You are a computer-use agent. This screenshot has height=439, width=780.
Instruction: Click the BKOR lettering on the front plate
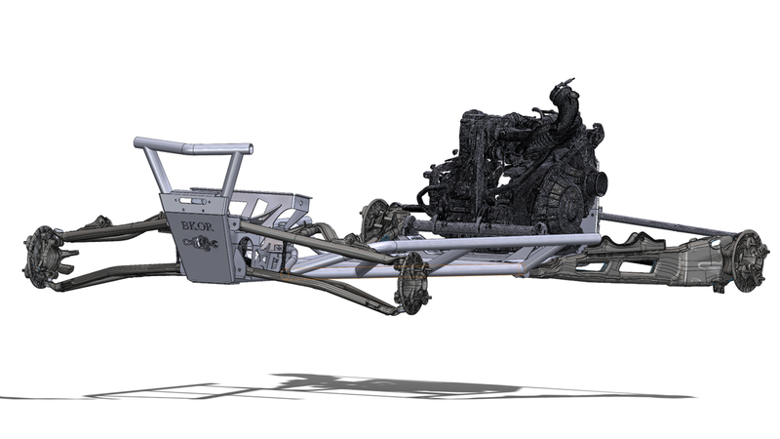tap(198, 226)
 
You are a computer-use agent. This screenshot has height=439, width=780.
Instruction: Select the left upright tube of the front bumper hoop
tap(155, 170)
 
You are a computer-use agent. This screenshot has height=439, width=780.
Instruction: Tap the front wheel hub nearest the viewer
tap(412, 283)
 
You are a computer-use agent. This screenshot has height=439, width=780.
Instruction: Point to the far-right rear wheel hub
tap(748, 260)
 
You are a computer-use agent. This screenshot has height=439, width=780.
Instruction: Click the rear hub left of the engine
tap(374, 219)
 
